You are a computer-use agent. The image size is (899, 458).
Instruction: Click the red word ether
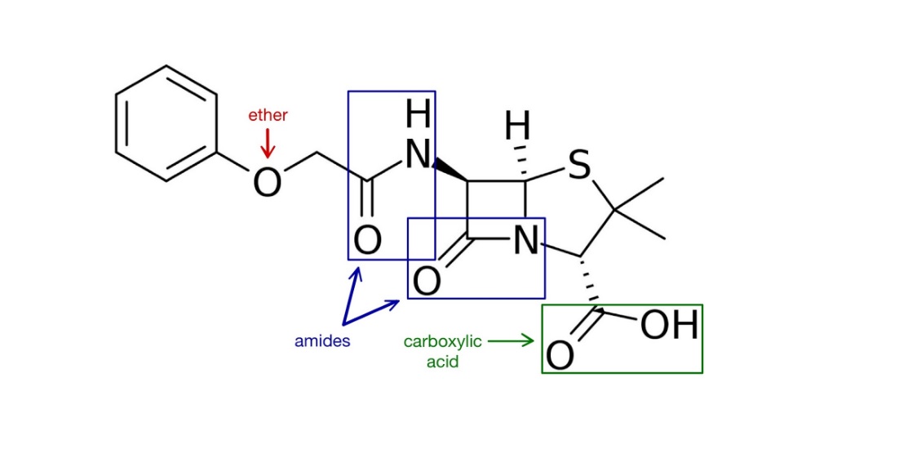[x=268, y=115]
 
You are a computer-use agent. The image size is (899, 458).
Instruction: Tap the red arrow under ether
[x=268, y=145]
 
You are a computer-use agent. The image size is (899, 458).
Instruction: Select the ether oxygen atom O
[x=267, y=182]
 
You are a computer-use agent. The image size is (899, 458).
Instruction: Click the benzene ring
[x=166, y=123]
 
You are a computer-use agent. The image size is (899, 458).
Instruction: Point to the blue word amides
[x=322, y=341]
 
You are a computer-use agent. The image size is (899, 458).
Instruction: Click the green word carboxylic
[x=442, y=341]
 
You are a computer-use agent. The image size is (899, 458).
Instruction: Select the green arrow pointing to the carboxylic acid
[x=511, y=341]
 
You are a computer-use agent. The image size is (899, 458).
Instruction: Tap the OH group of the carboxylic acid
[x=669, y=326]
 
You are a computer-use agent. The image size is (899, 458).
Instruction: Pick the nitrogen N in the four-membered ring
[x=527, y=241]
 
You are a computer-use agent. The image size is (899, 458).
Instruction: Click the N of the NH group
[x=418, y=153]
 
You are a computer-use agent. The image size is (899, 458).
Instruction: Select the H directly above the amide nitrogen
[x=418, y=115]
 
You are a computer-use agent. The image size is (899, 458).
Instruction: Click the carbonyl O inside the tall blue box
[x=367, y=241]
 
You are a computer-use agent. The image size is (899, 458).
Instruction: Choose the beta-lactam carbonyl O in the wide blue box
[x=427, y=282]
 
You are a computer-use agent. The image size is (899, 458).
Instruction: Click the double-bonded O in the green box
[x=560, y=356]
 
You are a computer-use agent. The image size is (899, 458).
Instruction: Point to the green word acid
[x=442, y=361]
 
